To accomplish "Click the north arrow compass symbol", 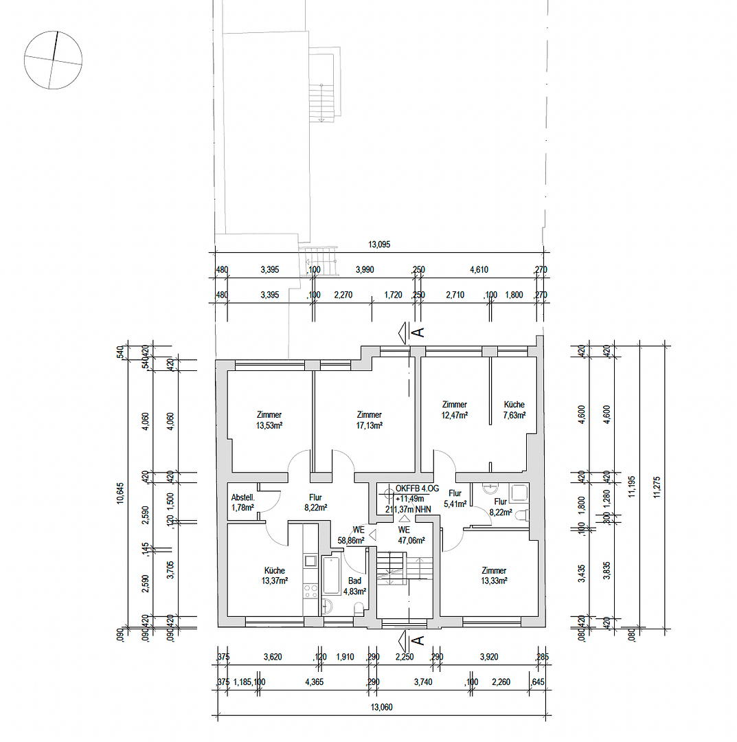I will tap(53, 60).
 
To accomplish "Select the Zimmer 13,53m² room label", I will tap(269, 420).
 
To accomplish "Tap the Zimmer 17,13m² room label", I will tap(369, 420).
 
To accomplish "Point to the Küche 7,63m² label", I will tap(514, 410).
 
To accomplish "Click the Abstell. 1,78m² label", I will tap(242, 502).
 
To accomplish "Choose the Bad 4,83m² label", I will tap(354, 585).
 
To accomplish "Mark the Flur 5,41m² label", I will tap(455, 498).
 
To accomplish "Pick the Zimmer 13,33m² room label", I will tap(494, 575).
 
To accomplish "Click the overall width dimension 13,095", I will tap(379, 244).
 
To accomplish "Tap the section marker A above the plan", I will tap(416, 333).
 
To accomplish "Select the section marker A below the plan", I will tap(416, 641).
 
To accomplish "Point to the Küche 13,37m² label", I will tap(275, 575).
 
